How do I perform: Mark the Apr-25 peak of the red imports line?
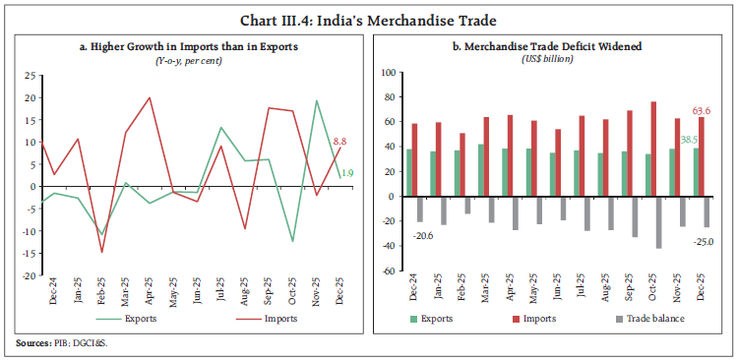[x=149, y=97]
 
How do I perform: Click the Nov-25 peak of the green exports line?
[x=316, y=100]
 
